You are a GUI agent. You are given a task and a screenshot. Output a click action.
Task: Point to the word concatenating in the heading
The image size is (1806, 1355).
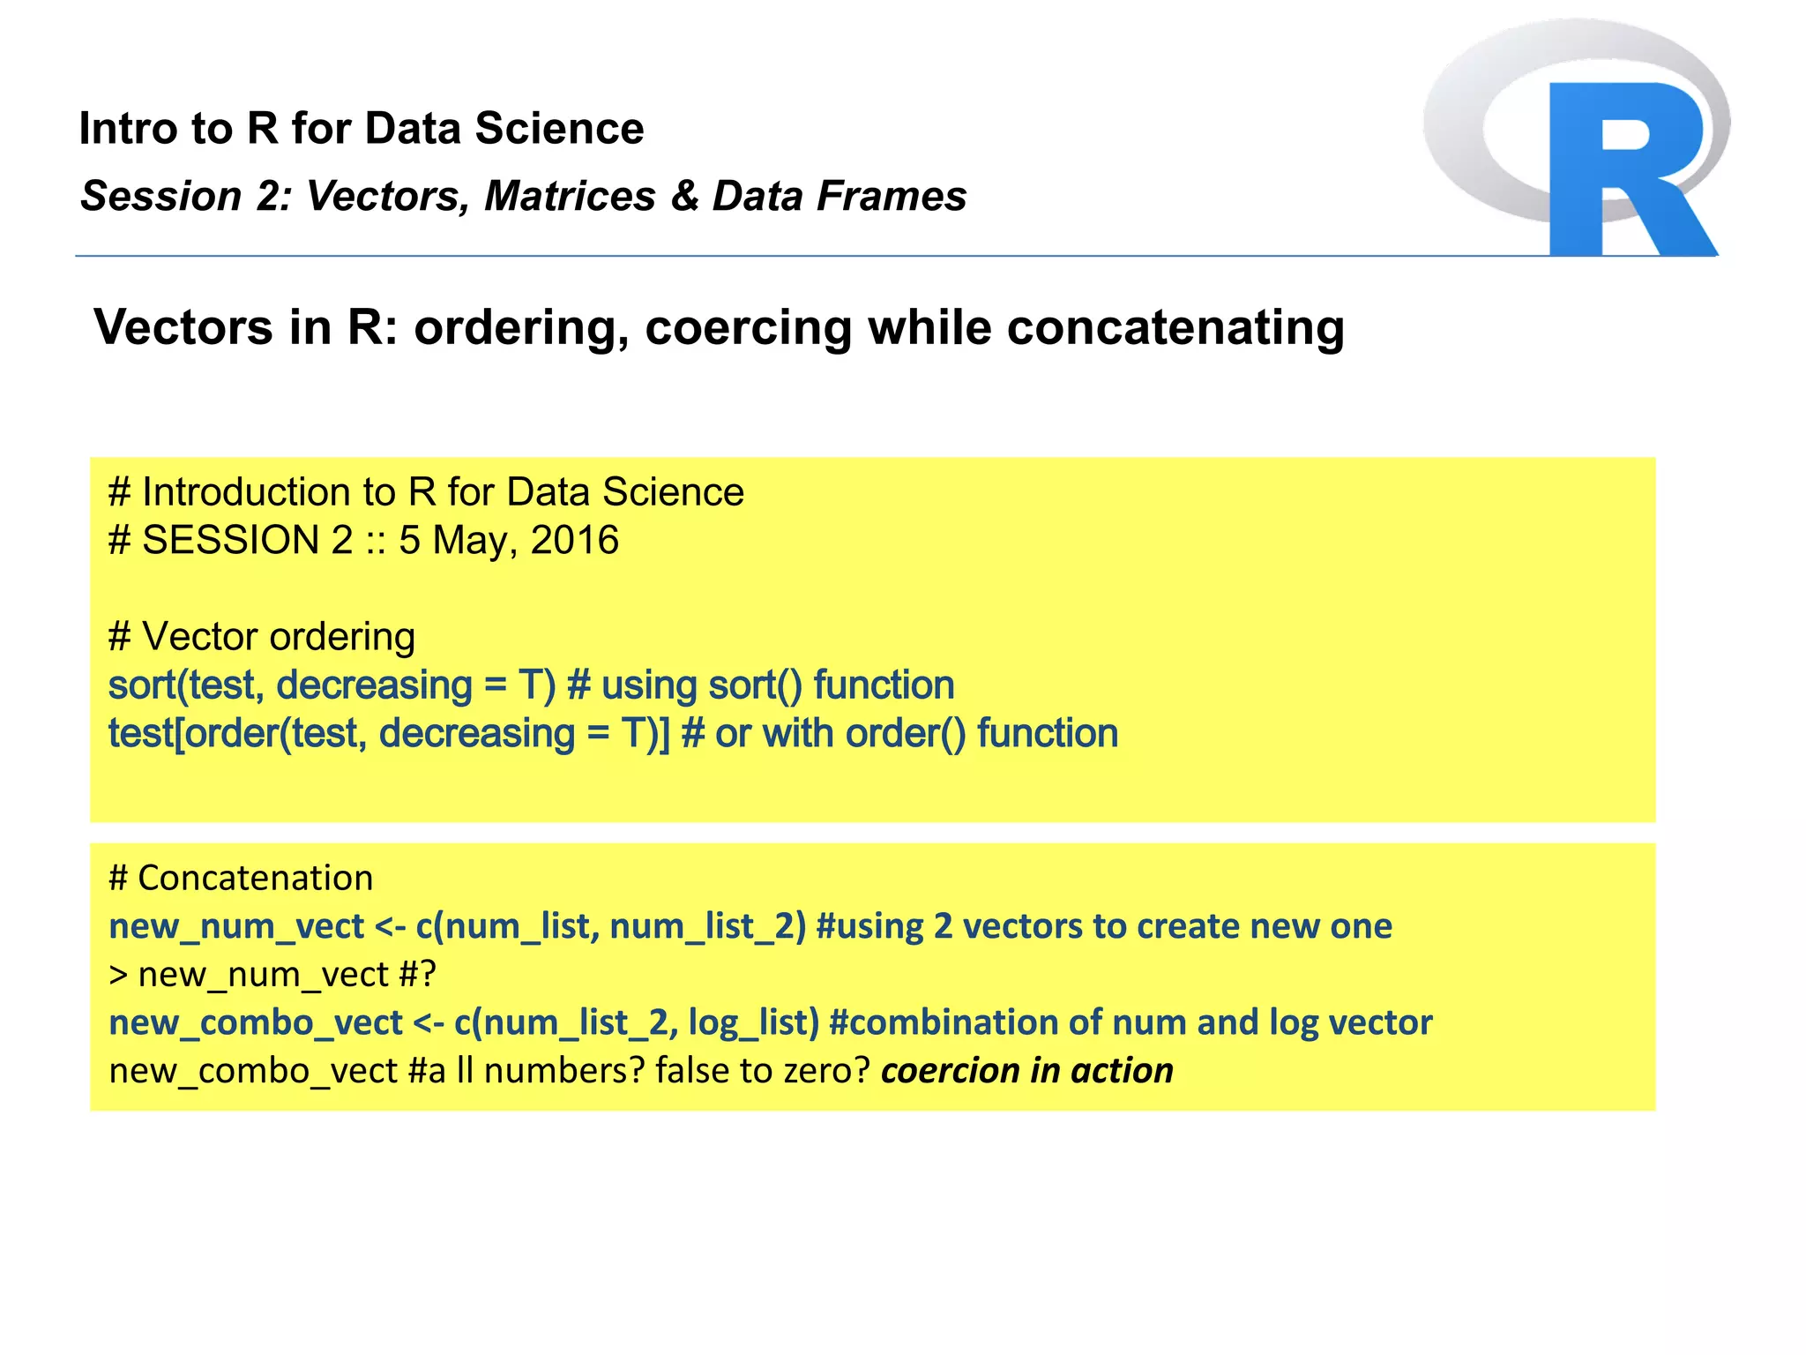pos(1175,328)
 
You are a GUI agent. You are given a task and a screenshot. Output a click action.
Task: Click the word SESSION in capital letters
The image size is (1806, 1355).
pos(229,540)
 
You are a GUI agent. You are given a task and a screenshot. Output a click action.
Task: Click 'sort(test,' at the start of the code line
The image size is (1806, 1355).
pos(186,685)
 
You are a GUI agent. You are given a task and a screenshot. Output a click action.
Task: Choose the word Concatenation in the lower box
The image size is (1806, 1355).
pos(256,879)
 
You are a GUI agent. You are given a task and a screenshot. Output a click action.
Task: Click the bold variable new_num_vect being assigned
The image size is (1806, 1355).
pos(236,926)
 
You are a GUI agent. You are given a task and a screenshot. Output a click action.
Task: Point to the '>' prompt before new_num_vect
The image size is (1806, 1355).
pos(118,976)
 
